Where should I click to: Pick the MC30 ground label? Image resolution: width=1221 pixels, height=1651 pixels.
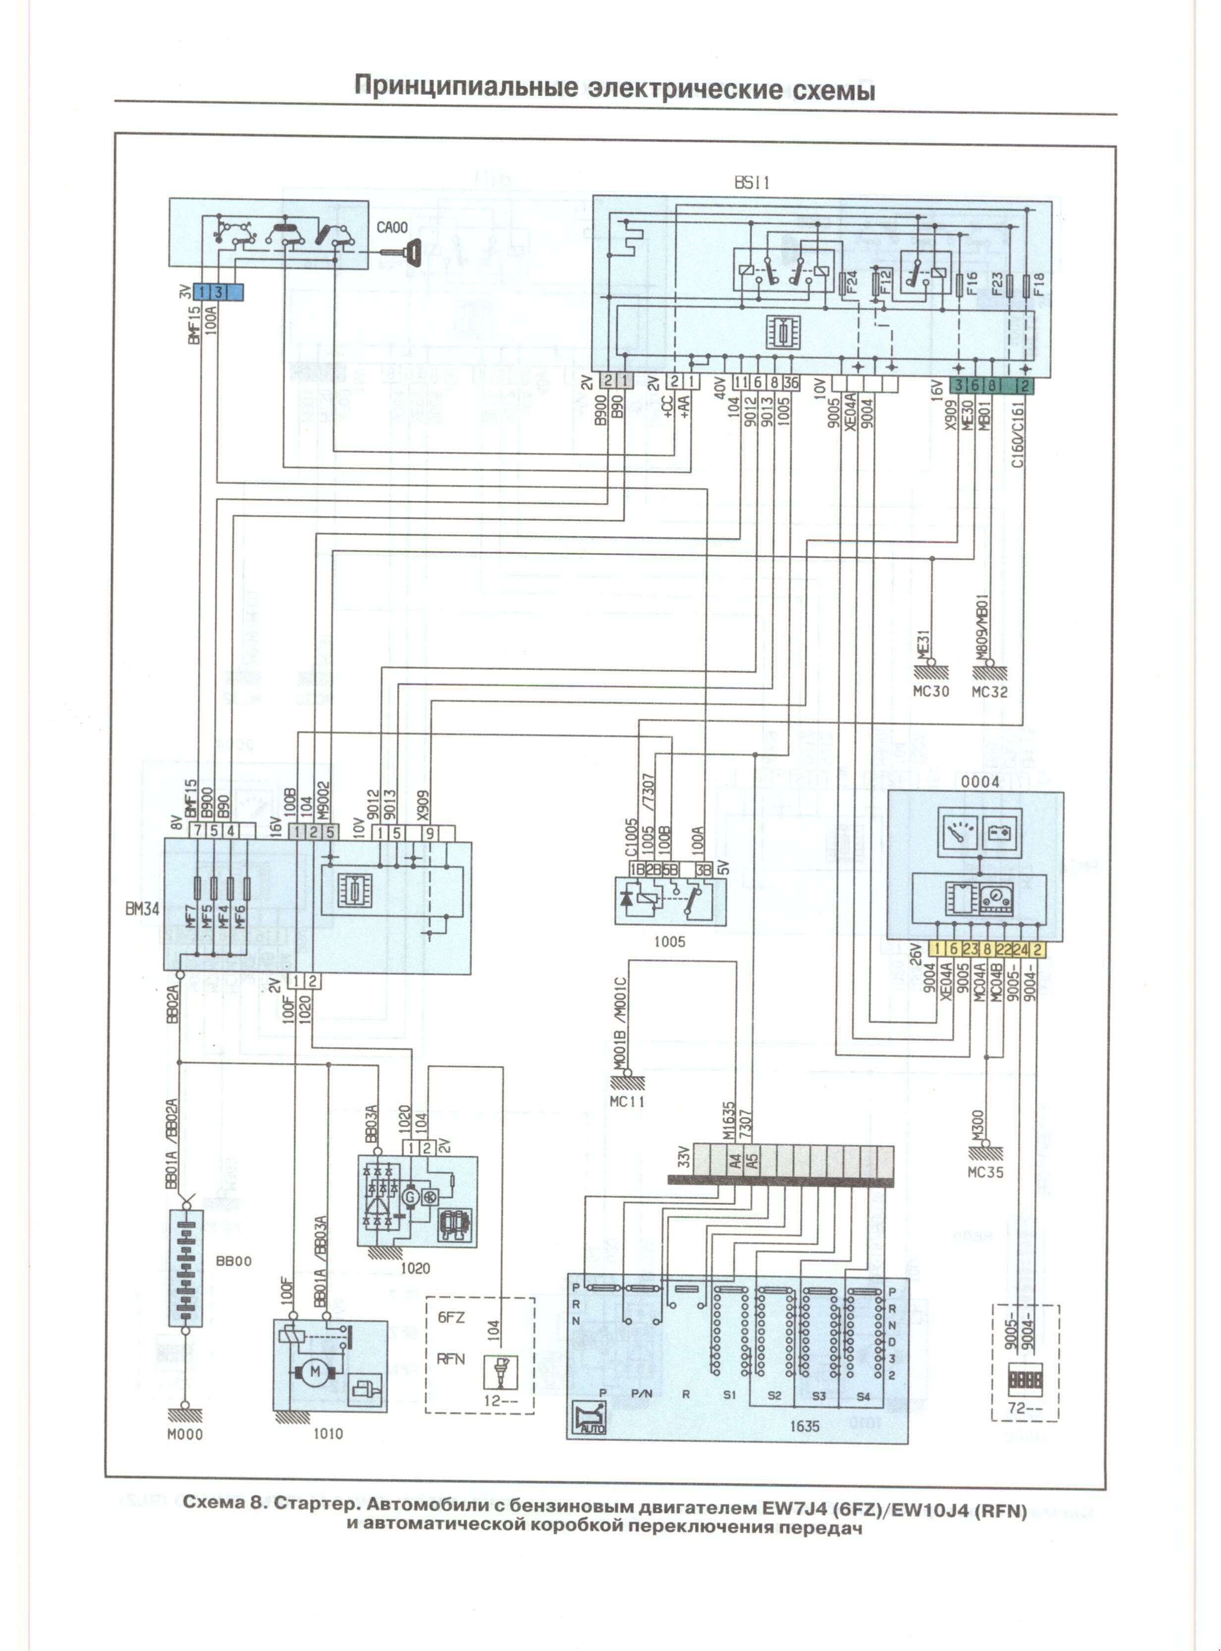[930, 692]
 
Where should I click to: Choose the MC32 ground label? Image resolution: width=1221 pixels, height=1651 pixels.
[989, 692]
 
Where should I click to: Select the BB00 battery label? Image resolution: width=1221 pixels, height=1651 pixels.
[233, 1261]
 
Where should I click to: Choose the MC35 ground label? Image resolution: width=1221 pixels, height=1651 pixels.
[985, 1172]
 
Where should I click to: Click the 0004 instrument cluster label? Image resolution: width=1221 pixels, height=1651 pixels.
[980, 782]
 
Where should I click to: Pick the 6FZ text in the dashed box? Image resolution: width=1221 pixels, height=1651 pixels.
[451, 1318]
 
